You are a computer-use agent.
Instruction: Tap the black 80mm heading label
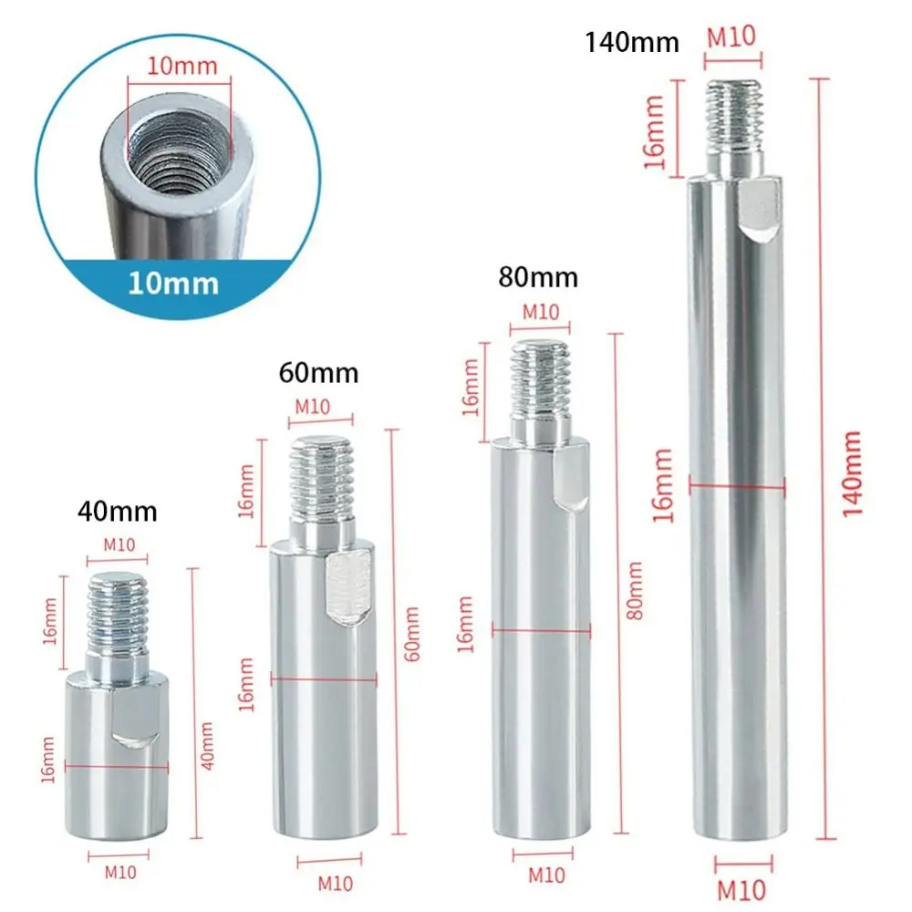[x=538, y=277]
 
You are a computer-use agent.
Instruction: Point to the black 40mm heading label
[x=117, y=512]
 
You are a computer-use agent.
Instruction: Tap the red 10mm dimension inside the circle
[x=180, y=67]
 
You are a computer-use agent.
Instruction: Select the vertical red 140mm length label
[x=853, y=474]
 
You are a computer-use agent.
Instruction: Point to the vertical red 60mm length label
[x=411, y=634]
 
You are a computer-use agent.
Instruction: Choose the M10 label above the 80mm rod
[x=540, y=311]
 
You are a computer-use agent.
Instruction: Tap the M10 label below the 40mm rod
[x=119, y=872]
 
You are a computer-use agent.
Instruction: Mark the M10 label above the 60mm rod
[x=313, y=407]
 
